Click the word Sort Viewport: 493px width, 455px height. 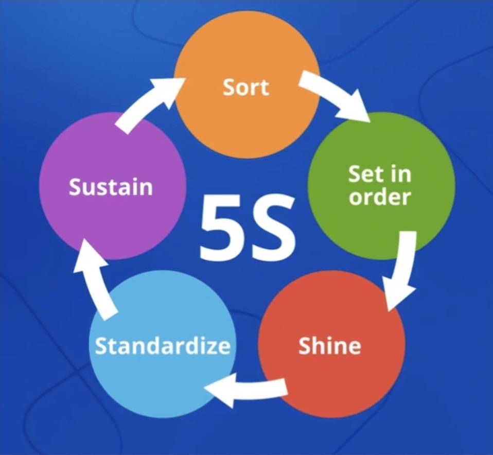246,87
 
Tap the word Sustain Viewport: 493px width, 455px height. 111,187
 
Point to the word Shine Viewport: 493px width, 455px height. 329,346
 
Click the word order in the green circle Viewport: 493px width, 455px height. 380,197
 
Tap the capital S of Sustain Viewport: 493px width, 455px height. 76,187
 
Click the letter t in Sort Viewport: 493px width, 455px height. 263,87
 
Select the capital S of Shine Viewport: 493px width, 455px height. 306,346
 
